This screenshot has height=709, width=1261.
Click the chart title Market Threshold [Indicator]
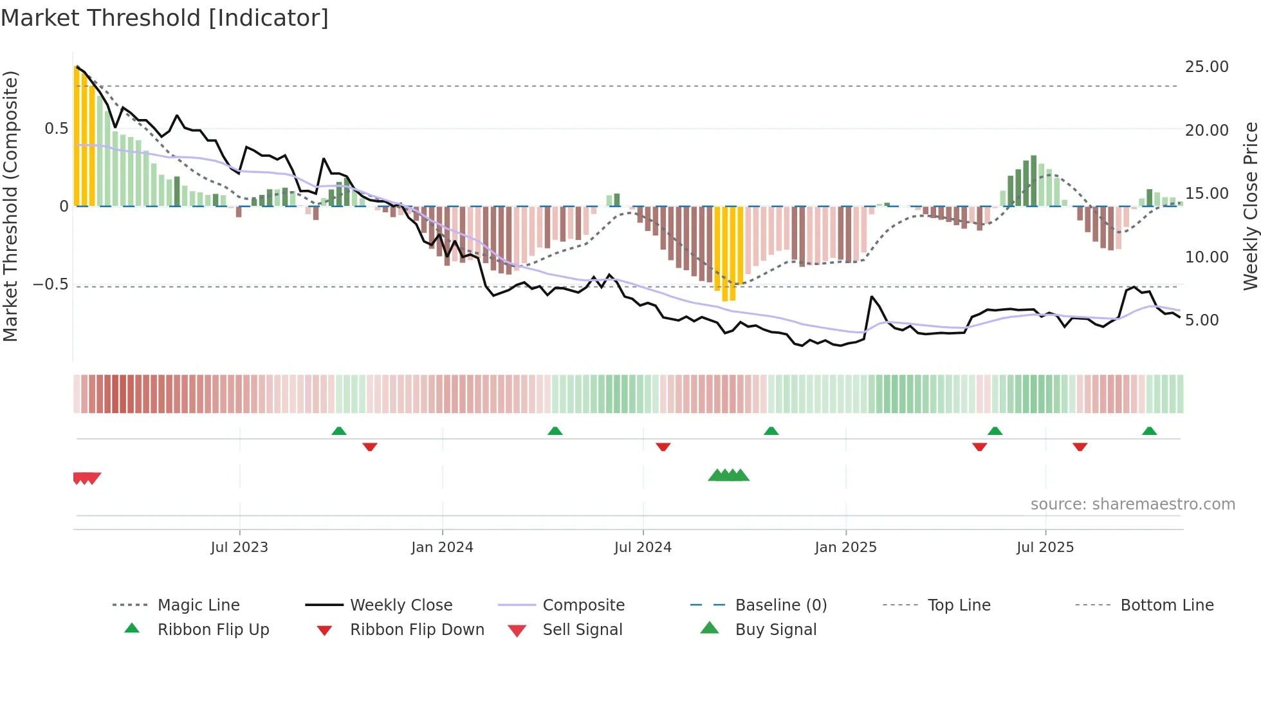coord(165,18)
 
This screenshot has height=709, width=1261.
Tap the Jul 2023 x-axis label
coord(239,548)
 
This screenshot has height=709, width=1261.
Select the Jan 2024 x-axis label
coord(442,548)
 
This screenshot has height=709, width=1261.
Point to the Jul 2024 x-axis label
coord(643,548)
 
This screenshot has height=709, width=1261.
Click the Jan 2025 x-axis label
coord(845,548)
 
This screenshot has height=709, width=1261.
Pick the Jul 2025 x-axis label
coord(1045,548)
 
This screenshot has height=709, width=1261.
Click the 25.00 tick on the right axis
coord(1206,67)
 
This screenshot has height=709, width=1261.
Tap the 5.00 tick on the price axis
coord(1201,320)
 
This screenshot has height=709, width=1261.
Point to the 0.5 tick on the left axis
coord(56,129)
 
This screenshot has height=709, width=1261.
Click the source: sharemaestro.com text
coord(1132,504)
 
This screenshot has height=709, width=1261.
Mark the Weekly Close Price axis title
coord(1250,206)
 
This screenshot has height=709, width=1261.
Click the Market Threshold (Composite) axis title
coord(11,206)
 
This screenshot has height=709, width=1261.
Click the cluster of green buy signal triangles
coord(729,475)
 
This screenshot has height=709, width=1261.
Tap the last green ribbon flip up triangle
coord(1149,431)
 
